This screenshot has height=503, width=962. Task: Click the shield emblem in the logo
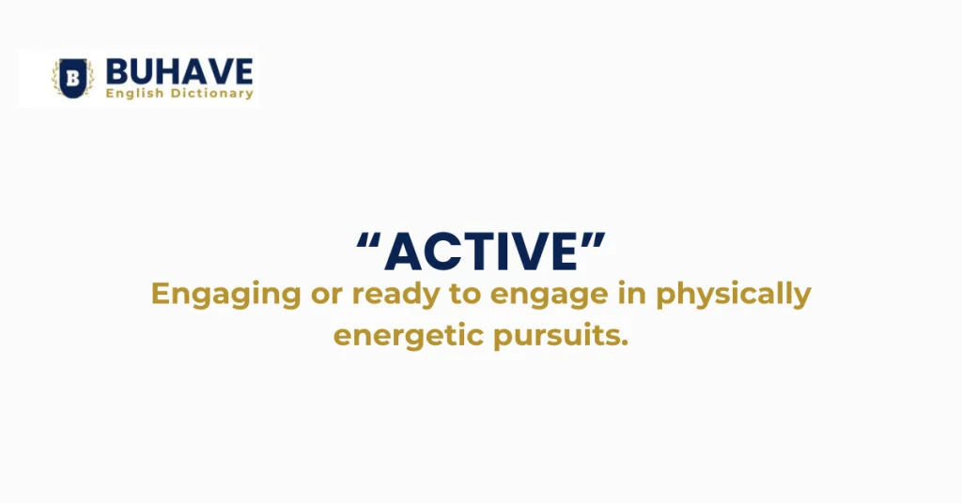pyautogui.click(x=72, y=78)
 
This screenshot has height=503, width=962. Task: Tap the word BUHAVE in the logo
pyautogui.click(x=179, y=71)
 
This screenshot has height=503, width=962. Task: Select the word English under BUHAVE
pyautogui.click(x=133, y=93)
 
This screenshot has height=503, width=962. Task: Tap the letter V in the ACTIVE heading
pyautogui.click(x=528, y=252)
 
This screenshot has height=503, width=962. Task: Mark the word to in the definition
pyautogui.click(x=460, y=294)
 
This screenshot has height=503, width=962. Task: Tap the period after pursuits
pyautogui.click(x=623, y=343)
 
